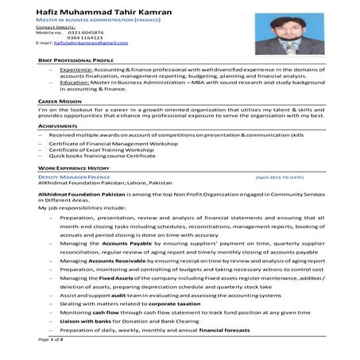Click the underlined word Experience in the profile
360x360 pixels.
(75, 70)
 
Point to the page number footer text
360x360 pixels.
(52, 339)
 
